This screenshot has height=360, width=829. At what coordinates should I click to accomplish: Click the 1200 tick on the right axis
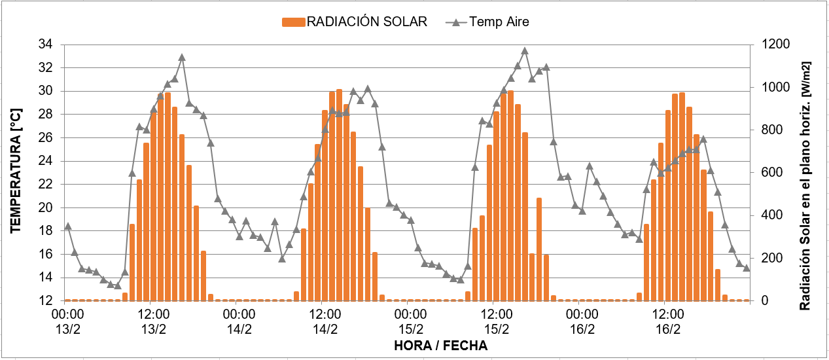point(772,45)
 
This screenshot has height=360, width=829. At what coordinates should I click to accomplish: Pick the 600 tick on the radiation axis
point(769,172)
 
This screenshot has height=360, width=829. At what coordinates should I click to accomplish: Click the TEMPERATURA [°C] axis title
point(16,173)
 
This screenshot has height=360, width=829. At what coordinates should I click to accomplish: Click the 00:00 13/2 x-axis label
point(67,322)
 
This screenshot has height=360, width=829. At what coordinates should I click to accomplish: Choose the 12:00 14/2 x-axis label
point(325,322)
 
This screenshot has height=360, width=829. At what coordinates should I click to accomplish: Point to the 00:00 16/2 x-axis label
point(582,322)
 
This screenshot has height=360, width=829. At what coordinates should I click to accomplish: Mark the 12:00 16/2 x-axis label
point(668,322)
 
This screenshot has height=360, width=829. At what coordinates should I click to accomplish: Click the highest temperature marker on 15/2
point(525,51)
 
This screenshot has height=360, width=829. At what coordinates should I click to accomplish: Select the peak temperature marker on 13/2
point(182,58)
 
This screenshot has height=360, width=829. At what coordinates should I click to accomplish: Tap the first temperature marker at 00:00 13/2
point(67,226)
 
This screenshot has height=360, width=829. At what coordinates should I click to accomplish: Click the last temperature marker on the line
point(747,268)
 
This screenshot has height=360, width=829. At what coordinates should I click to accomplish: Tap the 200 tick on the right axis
point(769,258)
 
